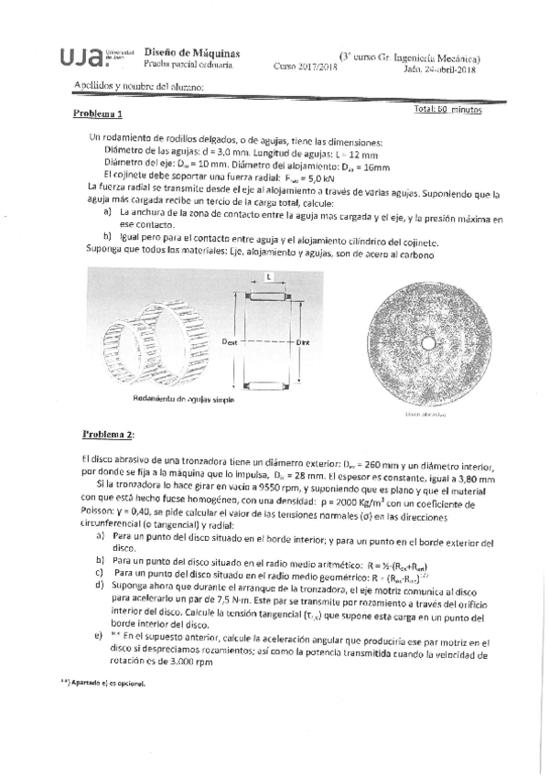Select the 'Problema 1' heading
[98, 115]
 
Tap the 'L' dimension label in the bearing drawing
[268, 275]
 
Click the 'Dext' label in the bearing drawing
[230, 340]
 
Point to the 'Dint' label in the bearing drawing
[305, 340]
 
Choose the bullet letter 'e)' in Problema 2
[98, 634]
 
